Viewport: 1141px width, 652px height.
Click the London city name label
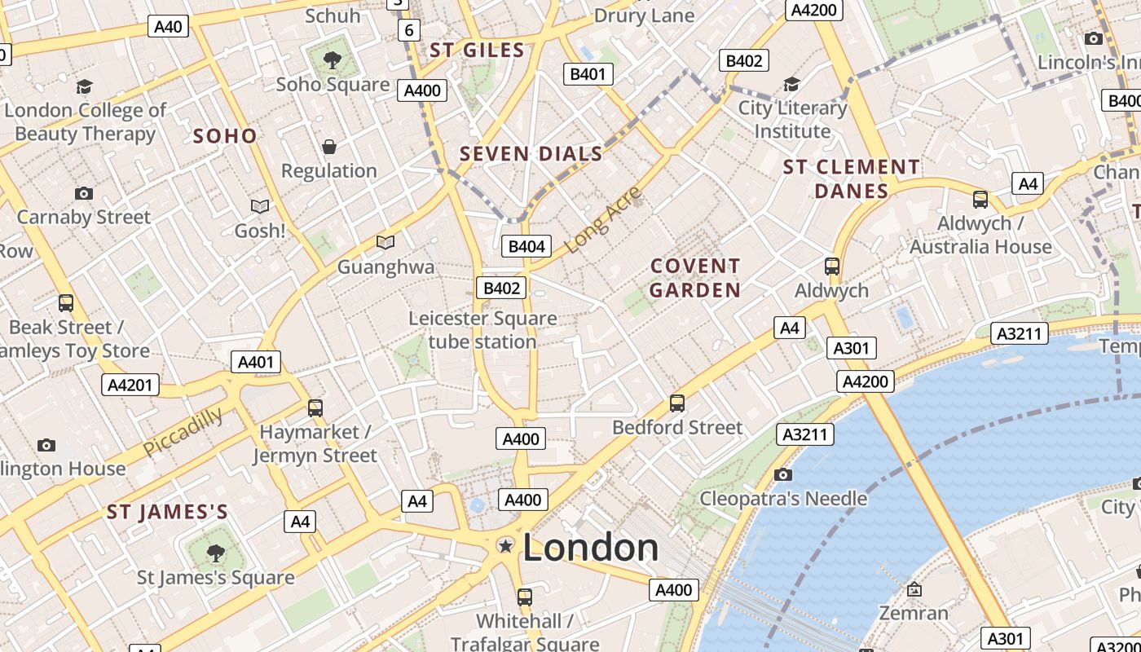click(x=590, y=547)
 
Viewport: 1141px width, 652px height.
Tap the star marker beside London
click(x=506, y=545)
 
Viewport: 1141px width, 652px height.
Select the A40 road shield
click(x=169, y=26)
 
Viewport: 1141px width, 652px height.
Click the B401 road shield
click(x=588, y=74)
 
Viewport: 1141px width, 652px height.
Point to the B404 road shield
click(x=527, y=246)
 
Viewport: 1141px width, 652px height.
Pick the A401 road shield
click(x=256, y=362)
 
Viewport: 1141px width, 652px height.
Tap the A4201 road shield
click(x=130, y=384)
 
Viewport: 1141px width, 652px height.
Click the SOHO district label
click(x=225, y=136)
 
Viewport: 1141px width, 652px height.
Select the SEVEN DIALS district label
click(x=531, y=153)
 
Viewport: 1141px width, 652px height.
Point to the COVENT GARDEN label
click(x=695, y=278)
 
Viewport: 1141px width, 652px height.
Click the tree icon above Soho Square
click(x=332, y=59)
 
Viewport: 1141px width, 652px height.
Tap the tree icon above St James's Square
click(x=215, y=554)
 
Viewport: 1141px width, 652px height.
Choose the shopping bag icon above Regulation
click(x=329, y=147)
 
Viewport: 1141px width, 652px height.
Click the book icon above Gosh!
click(x=260, y=207)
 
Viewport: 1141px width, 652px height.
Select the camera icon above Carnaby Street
click(x=83, y=193)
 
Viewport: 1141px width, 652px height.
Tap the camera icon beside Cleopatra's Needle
click(x=782, y=474)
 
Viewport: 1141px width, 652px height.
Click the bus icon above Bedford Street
click(x=676, y=403)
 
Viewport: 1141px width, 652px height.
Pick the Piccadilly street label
click(x=183, y=432)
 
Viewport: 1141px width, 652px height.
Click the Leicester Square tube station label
click(x=482, y=329)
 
